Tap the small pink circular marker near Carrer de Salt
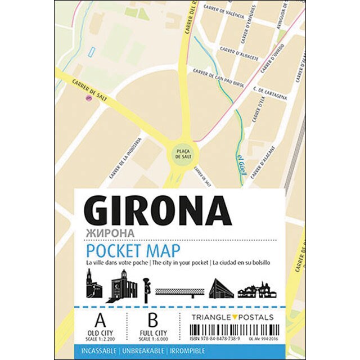tap(88, 98)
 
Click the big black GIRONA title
tap(159, 213)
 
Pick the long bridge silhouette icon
tap(179, 291)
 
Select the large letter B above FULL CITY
tap(152, 321)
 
